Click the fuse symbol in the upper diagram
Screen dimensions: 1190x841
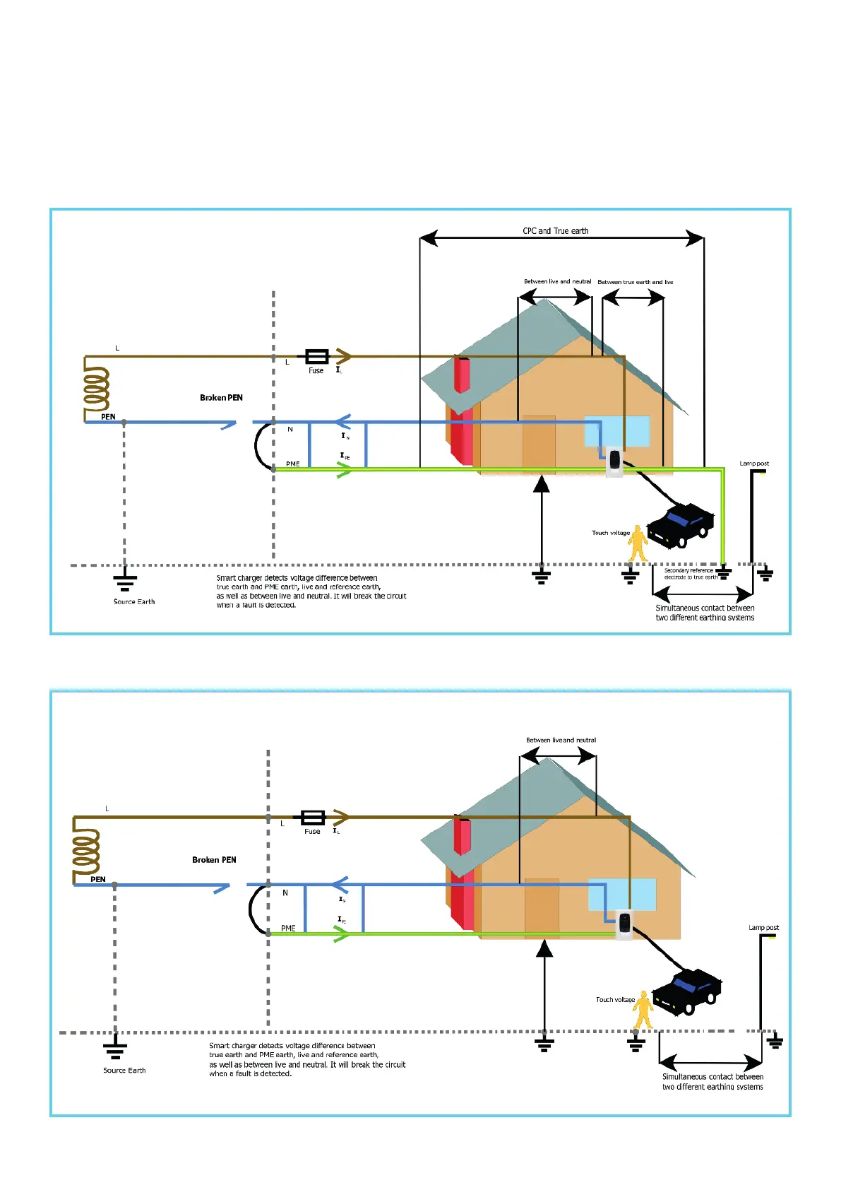tap(316, 356)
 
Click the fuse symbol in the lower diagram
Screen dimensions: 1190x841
tap(313, 818)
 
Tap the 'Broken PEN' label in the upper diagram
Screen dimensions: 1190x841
tap(221, 398)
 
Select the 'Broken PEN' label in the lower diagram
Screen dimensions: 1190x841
tap(214, 860)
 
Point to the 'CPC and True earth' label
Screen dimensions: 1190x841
tap(555, 231)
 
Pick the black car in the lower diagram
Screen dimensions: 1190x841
tap(686, 991)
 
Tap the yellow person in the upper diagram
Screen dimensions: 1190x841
tap(638, 543)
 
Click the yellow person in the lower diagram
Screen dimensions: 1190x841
tap(643, 1009)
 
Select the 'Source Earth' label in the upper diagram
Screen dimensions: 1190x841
tap(134, 602)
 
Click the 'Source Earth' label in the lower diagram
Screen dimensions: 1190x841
tap(124, 1071)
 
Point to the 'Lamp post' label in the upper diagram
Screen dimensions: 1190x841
tap(754, 464)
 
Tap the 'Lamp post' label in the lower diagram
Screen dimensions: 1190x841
tap(763, 928)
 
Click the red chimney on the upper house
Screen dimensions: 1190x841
tap(462, 375)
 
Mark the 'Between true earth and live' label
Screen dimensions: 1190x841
tap(635, 282)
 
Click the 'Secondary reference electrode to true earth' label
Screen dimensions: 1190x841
tap(690, 574)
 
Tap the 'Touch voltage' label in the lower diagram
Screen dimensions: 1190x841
tap(615, 1000)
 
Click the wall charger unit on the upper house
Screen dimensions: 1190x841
tap(615, 461)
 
